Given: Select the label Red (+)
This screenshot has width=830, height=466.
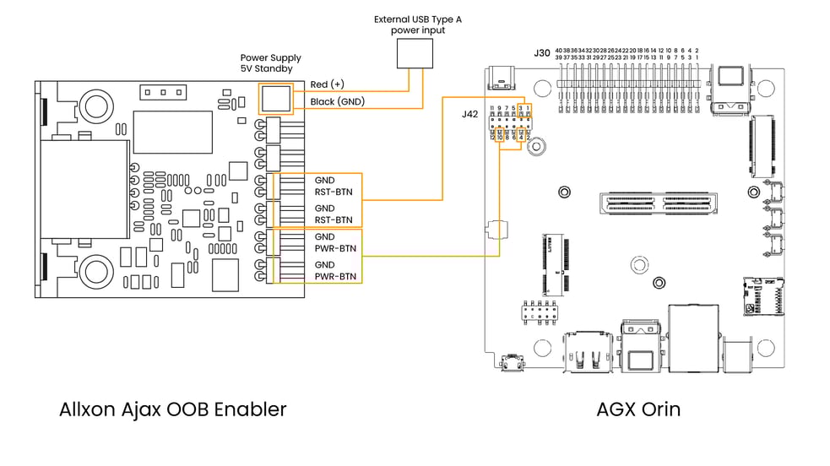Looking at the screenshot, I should click(x=327, y=84).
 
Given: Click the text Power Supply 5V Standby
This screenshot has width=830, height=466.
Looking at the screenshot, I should click(x=270, y=64).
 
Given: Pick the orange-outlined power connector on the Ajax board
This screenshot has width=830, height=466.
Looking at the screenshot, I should click(x=274, y=99).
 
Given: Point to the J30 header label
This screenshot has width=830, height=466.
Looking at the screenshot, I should click(x=542, y=53).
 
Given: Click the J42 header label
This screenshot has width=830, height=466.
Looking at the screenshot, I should click(x=469, y=114).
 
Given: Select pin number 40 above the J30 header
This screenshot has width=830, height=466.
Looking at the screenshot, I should click(x=559, y=51).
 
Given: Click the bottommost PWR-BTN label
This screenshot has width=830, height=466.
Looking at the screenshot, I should click(x=335, y=276).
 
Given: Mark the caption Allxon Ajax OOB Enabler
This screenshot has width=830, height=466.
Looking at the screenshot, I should click(x=173, y=409).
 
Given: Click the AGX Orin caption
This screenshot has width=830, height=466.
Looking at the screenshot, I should click(x=638, y=409).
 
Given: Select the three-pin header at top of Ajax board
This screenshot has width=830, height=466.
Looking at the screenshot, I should click(x=157, y=91).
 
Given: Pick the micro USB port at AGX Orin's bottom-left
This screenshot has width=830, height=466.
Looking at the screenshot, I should click(x=511, y=364).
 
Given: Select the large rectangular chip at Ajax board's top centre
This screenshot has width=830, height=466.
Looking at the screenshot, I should click(x=171, y=131).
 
